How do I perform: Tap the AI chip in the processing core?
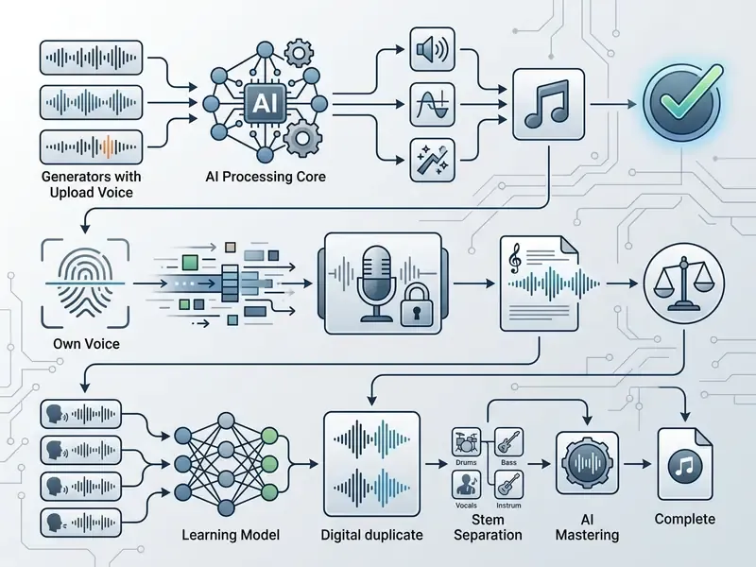tap(265, 103)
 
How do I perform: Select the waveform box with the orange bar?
tap(91, 146)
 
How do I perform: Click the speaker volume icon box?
tap(432, 49)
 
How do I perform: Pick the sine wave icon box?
tap(432, 105)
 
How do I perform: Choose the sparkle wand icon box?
tap(432, 160)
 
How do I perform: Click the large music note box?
tap(548, 104)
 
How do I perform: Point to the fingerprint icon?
tap(85, 283)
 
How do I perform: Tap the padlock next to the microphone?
tap(417, 305)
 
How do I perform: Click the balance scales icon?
tap(683, 283)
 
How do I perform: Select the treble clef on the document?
tap(515, 255)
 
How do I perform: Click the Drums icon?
tap(466, 441)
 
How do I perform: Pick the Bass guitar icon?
tap(508, 441)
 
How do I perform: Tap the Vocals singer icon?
tap(466, 485)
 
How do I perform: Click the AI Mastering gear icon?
tap(587, 463)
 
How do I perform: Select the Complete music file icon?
tap(684, 464)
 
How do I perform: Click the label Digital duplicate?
tap(371, 535)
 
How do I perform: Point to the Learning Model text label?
tap(231, 535)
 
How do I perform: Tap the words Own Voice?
tap(86, 344)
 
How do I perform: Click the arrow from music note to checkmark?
tap(613, 104)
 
